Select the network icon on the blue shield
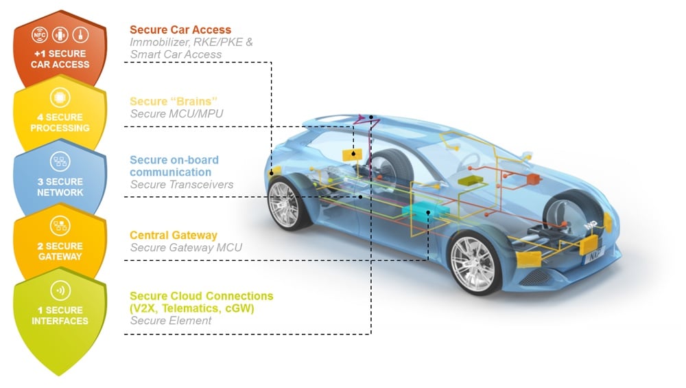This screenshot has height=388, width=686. [x=60, y=162]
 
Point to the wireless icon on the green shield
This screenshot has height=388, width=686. [x=60, y=290]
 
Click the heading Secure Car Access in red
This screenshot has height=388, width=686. [x=180, y=30]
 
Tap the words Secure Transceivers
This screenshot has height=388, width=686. [x=182, y=185]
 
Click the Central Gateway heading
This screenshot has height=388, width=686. [x=174, y=236]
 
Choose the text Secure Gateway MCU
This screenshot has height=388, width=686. [x=186, y=248]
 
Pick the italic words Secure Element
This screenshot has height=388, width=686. [x=171, y=321]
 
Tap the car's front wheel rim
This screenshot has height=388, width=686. [x=475, y=264]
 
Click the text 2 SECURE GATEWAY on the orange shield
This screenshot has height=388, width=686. [x=60, y=251]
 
